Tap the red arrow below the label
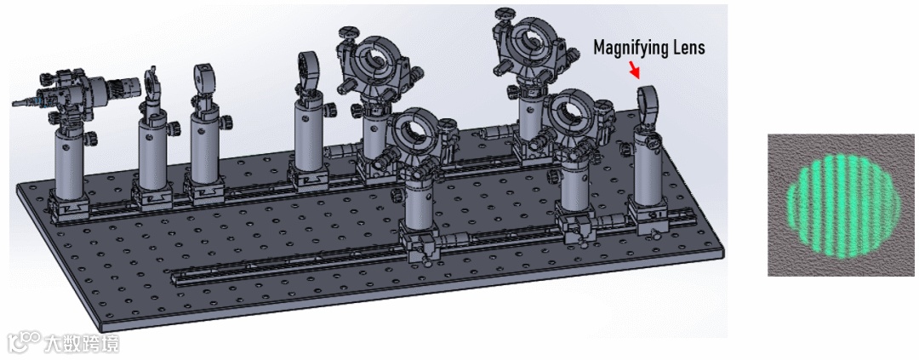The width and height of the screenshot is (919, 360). pos(635,71)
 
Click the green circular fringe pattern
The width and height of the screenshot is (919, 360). pos(842,204)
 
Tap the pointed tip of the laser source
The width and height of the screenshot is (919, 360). pos(13,105)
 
